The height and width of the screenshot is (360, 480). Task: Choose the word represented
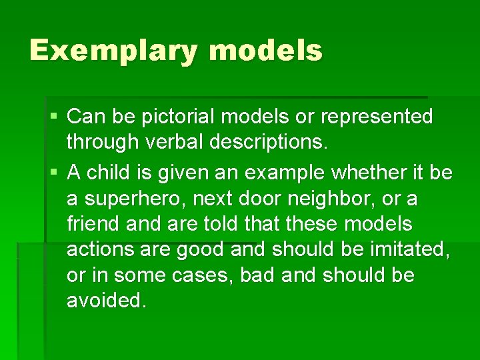point(377,117)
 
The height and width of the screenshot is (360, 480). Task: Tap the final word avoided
point(106,301)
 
